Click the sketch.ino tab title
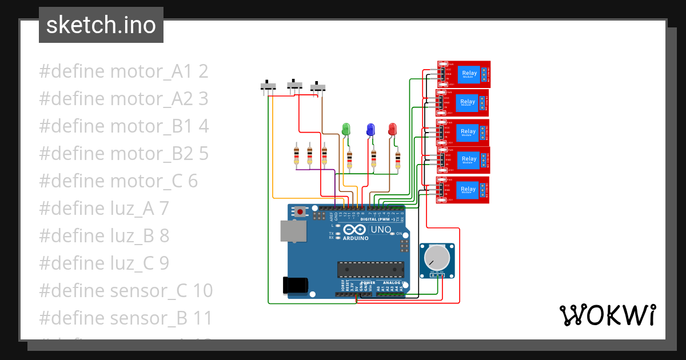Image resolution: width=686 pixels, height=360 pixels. (101, 25)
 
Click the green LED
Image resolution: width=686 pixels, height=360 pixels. (346, 129)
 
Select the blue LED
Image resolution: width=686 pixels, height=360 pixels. (370, 129)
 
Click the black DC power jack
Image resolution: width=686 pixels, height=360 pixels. (296, 285)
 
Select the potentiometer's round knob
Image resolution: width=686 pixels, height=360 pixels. (437, 258)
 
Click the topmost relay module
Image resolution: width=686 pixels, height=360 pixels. (464, 74)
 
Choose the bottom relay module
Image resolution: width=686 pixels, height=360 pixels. (464, 190)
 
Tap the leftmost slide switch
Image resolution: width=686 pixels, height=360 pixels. (268, 86)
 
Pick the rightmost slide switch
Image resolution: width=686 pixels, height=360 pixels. (318, 87)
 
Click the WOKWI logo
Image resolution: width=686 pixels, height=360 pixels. (607, 315)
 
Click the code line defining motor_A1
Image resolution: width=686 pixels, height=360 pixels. (123, 72)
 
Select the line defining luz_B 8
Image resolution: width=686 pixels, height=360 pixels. (104, 236)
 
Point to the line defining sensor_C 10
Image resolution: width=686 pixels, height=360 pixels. (126, 291)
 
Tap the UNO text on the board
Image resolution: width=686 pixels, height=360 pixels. (381, 230)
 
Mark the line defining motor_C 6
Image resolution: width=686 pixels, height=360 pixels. (118, 181)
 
